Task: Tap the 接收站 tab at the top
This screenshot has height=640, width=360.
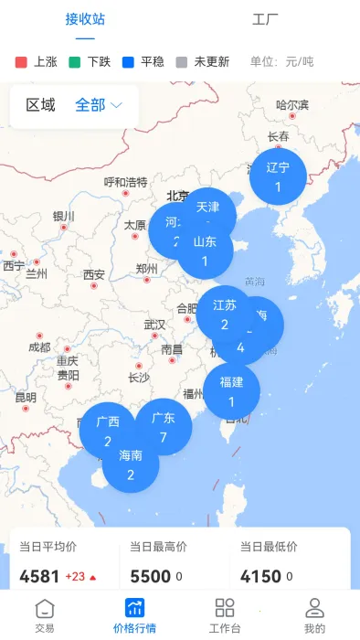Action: pyautogui.click(x=85, y=18)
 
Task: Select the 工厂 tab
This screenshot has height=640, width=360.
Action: pyautogui.click(x=265, y=18)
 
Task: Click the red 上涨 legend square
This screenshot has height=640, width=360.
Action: pyautogui.click(x=22, y=62)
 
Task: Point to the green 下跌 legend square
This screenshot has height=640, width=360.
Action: pyautogui.click(x=76, y=62)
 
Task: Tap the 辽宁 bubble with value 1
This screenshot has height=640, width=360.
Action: pyautogui.click(x=278, y=176)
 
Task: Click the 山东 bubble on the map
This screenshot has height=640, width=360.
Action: pyautogui.click(x=206, y=251)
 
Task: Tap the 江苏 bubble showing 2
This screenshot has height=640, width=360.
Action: pyautogui.click(x=224, y=313)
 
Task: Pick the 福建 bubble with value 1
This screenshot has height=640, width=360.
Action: pyautogui.click(x=231, y=390)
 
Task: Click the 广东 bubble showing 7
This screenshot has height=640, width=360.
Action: pyautogui.click(x=164, y=426)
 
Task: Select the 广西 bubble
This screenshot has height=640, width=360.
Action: pyautogui.click(x=108, y=431)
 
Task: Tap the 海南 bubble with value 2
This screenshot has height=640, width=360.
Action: pyautogui.click(x=131, y=464)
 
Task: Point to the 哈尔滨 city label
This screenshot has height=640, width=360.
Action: pyautogui.click(x=292, y=105)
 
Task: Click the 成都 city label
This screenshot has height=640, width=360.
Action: pyautogui.click(x=39, y=347)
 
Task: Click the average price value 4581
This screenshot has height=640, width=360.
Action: pyautogui.click(x=39, y=577)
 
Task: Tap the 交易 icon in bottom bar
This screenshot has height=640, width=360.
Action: pyautogui.click(x=45, y=614)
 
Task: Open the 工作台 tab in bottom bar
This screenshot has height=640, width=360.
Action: pyautogui.click(x=225, y=614)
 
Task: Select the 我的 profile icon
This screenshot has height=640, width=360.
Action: pyautogui.click(x=314, y=614)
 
